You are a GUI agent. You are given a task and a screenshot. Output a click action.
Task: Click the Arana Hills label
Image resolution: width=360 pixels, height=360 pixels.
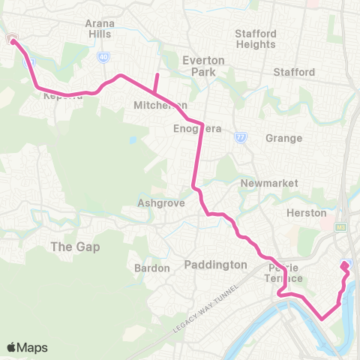click(99, 28)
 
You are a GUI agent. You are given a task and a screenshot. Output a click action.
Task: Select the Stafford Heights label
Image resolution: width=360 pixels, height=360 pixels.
click(256, 39)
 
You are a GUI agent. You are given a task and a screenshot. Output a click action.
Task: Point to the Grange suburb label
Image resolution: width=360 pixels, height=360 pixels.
click(283, 138)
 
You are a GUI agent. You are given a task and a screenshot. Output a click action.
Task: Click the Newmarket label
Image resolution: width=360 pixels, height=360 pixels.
click(259, 183)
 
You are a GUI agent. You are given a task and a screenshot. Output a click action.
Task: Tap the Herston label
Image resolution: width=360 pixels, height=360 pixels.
click(307, 213)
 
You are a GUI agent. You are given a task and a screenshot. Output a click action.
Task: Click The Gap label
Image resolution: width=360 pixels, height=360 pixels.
click(74, 247)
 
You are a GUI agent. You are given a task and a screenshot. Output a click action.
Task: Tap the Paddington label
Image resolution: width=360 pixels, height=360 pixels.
click(215, 265)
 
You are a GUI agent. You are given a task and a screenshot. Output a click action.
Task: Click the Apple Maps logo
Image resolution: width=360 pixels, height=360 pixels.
click(25, 347)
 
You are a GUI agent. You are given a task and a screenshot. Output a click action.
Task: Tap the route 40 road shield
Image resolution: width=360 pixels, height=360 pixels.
click(103, 56)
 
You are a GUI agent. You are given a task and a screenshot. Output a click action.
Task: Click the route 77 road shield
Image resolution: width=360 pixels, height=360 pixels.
click(239, 137)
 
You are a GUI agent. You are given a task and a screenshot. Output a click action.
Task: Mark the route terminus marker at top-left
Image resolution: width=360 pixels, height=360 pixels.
click(13, 39)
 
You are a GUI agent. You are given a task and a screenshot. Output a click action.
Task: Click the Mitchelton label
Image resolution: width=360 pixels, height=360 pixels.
click(154, 106)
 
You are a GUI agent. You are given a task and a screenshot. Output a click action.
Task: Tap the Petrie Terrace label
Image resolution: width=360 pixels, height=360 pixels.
click(284, 273)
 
